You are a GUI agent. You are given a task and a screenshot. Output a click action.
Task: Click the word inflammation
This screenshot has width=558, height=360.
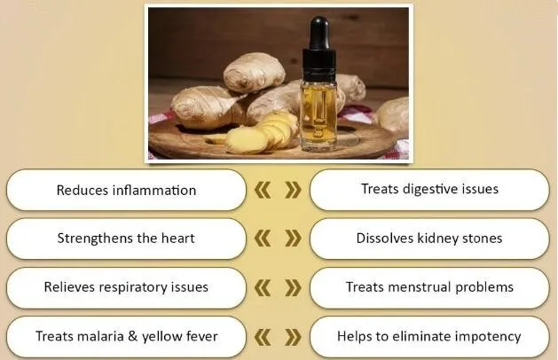[x=154, y=190]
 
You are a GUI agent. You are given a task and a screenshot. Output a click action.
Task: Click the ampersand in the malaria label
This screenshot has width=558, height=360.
[x=132, y=336]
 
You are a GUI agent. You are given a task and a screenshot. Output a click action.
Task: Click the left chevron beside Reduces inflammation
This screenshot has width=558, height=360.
[x=263, y=190]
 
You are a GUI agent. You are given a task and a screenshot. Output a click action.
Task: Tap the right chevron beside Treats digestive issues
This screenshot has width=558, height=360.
[x=293, y=190]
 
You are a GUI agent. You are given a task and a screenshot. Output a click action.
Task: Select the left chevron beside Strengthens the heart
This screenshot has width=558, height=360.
[x=263, y=239]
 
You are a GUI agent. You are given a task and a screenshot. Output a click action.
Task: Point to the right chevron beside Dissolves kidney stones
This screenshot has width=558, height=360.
[x=293, y=239]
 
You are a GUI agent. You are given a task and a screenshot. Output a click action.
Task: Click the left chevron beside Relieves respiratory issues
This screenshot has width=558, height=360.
[x=263, y=288]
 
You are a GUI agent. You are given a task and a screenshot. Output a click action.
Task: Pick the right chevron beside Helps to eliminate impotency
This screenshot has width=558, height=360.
[x=293, y=337]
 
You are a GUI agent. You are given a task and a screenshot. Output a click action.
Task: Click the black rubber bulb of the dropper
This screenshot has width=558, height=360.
[x=318, y=33]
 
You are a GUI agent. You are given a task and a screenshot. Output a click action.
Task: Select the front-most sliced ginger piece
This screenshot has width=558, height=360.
[x=245, y=140]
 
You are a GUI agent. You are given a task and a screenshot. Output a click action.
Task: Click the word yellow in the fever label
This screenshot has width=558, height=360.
[x=159, y=337]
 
